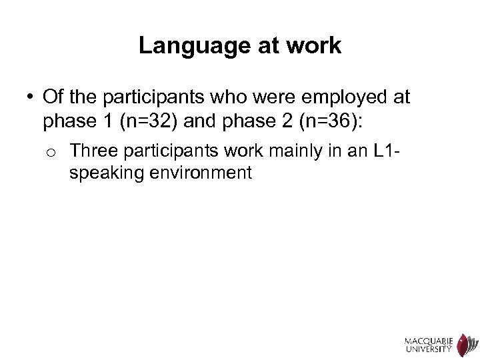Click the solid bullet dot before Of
[31, 98]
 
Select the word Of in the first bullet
[52, 98]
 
